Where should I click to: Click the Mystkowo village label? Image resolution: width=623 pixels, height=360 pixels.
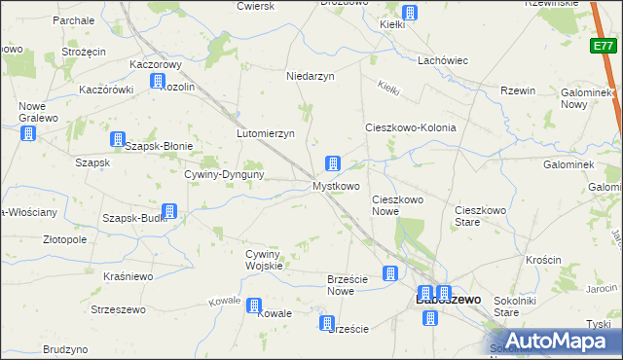[x=336, y=185]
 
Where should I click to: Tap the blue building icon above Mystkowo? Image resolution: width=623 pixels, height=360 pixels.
[x=333, y=162]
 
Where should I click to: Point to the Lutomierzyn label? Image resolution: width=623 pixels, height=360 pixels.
[x=266, y=133]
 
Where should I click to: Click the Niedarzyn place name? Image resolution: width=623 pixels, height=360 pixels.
[x=311, y=76]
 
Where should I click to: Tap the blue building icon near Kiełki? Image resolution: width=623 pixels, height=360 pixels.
[x=410, y=14]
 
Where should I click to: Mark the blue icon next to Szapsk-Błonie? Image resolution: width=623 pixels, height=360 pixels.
[x=118, y=140]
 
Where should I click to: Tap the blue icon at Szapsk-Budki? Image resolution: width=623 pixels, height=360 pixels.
[x=168, y=211]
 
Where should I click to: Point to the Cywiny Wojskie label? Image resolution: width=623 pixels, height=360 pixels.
[x=264, y=259]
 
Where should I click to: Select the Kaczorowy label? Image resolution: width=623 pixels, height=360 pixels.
[x=157, y=64]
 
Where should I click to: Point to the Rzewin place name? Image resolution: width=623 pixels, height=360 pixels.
[x=519, y=90]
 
